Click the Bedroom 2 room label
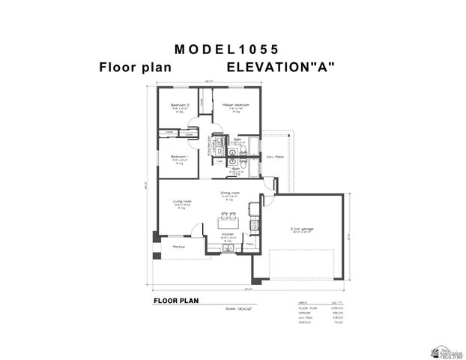[x=179, y=104]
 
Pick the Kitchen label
[x=229, y=234]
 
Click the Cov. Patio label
[x=275, y=157]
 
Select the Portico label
[x=179, y=246]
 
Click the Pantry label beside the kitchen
[x=250, y=244]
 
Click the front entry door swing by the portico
[x=196, y=232]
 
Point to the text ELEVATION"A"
[x=281, y=67]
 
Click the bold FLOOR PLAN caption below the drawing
[x=175, y=300]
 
